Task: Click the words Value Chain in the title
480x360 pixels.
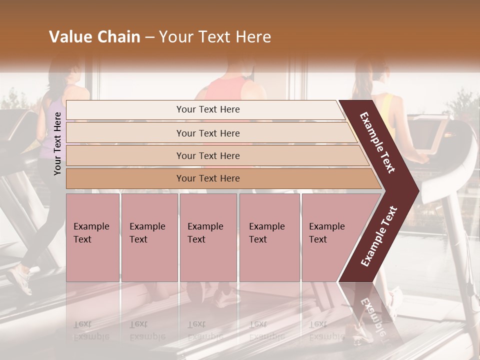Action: click(94, 37)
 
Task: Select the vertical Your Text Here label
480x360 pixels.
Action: click(58, 143)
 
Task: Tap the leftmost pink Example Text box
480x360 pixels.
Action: click(92, 237)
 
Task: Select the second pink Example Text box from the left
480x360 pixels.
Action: click(149, 237)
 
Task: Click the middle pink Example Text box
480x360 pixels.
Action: click(208, 237)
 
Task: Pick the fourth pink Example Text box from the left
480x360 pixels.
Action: click(269, 237)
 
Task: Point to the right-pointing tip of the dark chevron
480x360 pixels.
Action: click(415, 190)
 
